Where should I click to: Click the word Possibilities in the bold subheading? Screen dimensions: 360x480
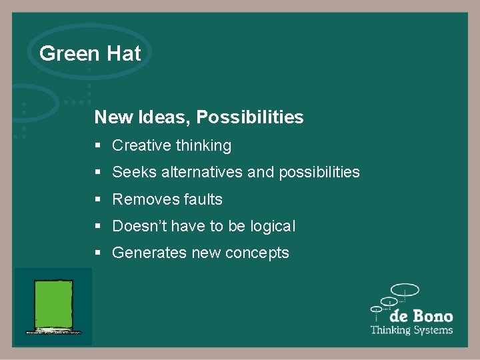click(x=250, y=118)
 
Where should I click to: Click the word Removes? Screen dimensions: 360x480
click(x=141, y=199)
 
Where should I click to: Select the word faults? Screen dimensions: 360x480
click(x=198, y=199)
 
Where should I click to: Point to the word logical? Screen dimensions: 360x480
click(x=273, y=227)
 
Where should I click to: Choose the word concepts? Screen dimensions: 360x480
click(x=259, y=253)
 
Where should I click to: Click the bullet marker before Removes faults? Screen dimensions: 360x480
click(x=98, y=199)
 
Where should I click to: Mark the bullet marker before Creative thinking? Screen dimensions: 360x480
click(x=98, y=145)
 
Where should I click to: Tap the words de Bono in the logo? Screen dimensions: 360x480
click(x=421, y=316)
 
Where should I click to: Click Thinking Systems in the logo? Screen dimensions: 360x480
click(x=411, y=330)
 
